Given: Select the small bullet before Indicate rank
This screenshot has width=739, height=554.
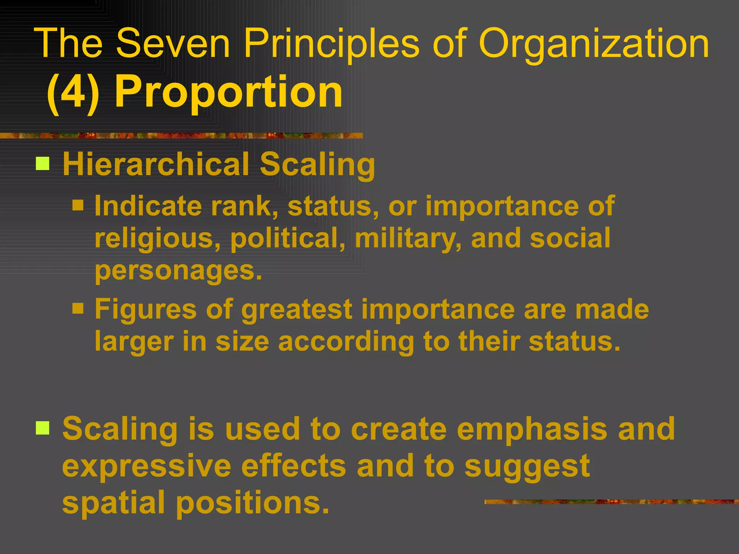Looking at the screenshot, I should [x=78, y=205].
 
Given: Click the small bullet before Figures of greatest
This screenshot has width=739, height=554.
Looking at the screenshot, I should [x=78, y=308].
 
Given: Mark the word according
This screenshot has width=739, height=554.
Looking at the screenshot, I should [x=346, y=342].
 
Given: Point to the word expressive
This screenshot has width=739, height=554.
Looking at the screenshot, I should [x=147, y=466].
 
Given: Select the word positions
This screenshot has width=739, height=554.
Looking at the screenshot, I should [x=253, y=503].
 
